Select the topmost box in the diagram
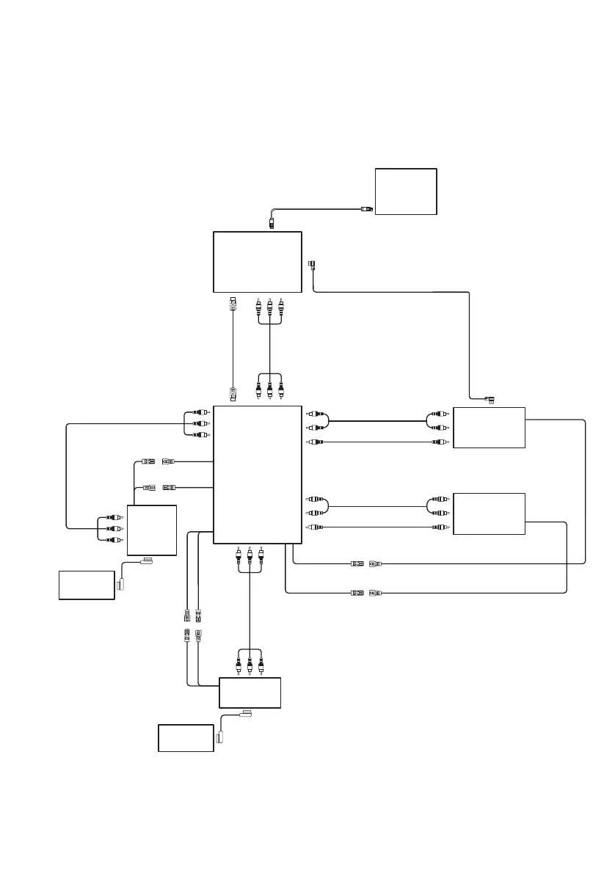click(406, 191)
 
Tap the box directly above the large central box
click(257, 262)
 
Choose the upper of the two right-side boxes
click(490, 427)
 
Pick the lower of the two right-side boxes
click(490, 514)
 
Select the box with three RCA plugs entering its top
click(250, 693)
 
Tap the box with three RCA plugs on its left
click(152, 530)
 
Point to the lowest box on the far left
click(87, 585)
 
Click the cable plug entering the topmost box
click(367, 209)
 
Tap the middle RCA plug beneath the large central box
click(250, 555)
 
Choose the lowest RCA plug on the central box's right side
click(313, 527)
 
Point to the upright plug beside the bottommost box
click(221, 739)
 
